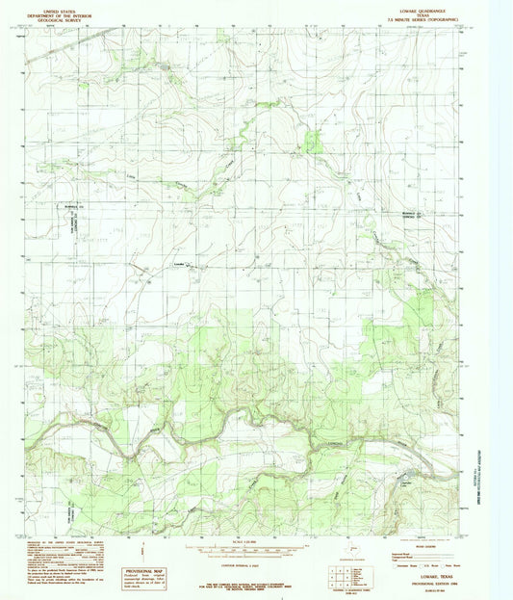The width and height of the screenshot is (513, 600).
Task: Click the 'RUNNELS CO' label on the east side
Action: coord(412,212)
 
